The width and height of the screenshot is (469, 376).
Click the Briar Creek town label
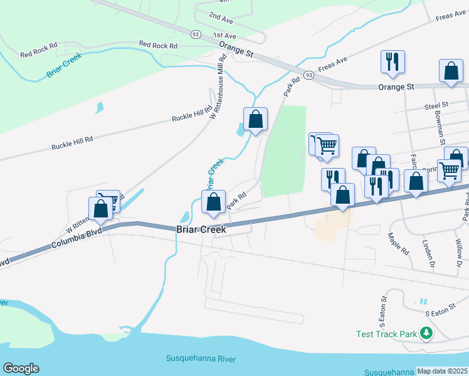(x=201, y=230)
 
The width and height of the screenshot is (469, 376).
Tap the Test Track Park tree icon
(x=427, y=334)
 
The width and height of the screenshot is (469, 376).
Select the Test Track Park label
(x=386, y=334)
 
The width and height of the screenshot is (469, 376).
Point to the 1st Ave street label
(x=224, y=36)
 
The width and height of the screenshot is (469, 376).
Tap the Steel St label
(x=437, y=106)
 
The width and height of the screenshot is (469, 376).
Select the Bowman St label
(x=442, y=122)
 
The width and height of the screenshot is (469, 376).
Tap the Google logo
(x=21, y=368)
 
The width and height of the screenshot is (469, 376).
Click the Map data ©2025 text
(x=442, y=371)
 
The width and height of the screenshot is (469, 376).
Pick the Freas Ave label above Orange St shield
(x=333, y=63)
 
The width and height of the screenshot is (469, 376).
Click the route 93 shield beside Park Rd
(x=308, y=75)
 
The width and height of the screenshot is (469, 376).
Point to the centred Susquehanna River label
(x=201, y=358)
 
